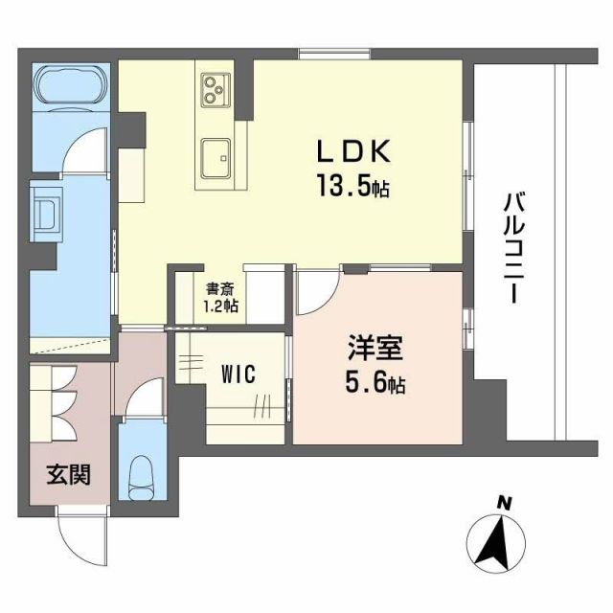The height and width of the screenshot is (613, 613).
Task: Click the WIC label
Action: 238,374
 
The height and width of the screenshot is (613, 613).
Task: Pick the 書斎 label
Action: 219,288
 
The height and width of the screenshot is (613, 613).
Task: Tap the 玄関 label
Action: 70,474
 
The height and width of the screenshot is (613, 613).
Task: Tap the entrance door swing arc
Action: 79,536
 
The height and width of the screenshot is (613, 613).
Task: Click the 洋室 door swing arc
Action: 317,296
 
